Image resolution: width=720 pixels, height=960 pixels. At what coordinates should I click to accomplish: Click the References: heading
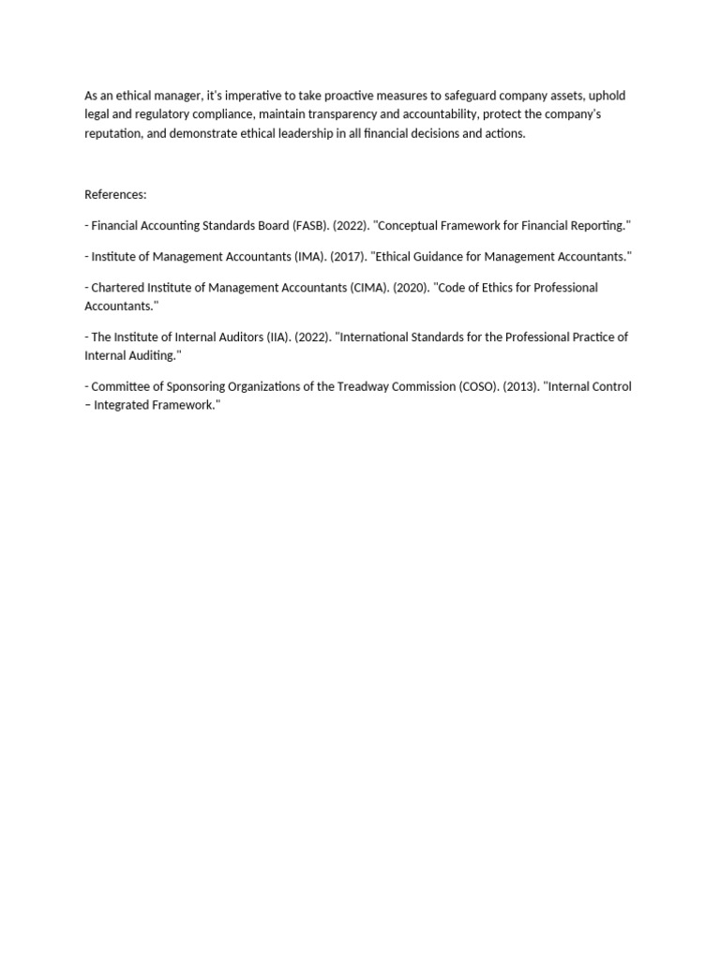[x=115, y=195]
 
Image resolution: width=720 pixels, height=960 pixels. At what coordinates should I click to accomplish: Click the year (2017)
[x=348, y=257]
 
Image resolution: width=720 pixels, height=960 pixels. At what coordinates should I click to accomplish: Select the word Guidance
[x=445, y=257]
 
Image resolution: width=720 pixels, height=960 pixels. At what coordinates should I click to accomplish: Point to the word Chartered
[x=117, y=288]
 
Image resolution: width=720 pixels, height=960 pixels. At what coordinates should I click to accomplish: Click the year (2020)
[x=418, y=288]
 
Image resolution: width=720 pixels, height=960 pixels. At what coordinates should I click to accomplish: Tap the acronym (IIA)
[x=273, y=337]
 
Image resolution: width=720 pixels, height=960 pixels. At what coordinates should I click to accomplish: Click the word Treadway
[x=350, y=386]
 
